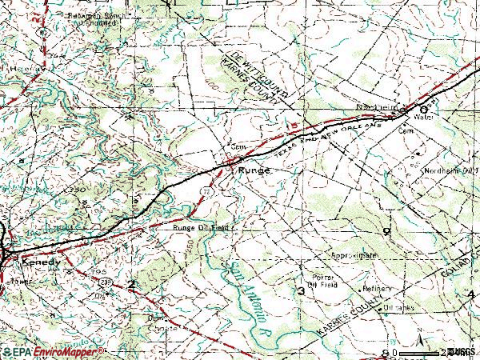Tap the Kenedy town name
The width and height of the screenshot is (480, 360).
(x=41, y=262)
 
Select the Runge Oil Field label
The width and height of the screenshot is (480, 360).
(x=201, y=227)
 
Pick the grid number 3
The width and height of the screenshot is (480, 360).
(x=301, y=290)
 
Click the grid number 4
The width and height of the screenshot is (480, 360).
(x=470, y=295)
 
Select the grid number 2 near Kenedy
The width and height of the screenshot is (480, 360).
(x=131, y=284)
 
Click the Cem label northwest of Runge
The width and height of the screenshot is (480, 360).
(x=236, y=147)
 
